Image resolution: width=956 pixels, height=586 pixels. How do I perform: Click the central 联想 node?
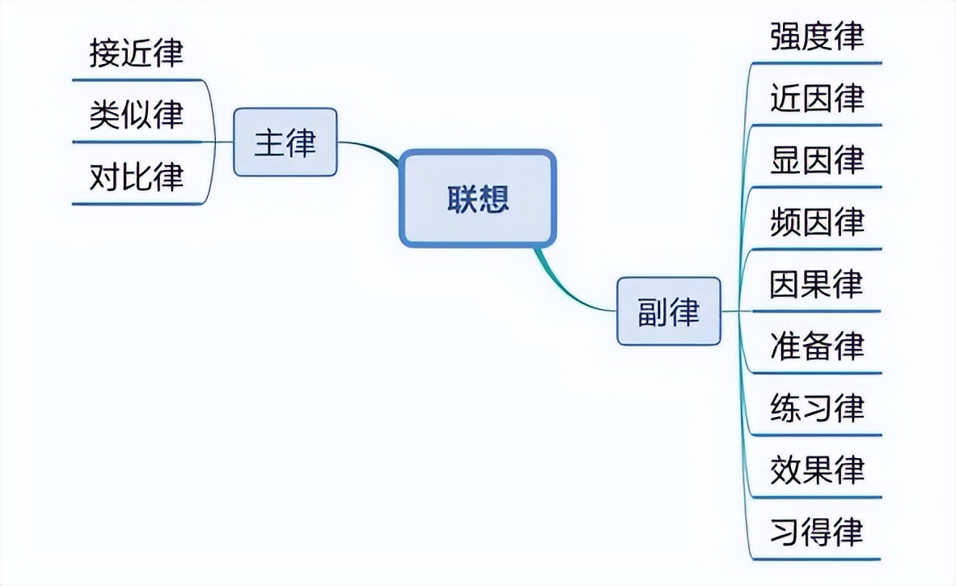click(x=477, y=198)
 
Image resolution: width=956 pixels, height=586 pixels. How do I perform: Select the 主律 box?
click(x=285, y=142)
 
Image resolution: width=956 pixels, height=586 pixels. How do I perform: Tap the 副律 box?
click(x=668, y=312)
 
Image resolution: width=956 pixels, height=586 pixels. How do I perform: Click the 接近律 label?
click(x=137, y=53)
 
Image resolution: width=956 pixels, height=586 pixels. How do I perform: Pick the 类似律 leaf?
click(x=137, y=116)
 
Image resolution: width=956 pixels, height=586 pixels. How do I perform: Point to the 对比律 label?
click(x=137, y=177)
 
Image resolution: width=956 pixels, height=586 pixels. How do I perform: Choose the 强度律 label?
click(x=817, y=36)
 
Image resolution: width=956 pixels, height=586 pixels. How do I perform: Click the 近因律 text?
click(x=817, y=99)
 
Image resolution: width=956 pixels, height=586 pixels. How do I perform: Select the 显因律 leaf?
click(x=817, y=160)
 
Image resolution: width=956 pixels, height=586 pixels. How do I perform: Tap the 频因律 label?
click(x=817, y=222)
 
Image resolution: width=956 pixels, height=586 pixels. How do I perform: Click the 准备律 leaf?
click(x=817, y=346)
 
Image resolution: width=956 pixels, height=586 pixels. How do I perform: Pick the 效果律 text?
click(x=817, y=469)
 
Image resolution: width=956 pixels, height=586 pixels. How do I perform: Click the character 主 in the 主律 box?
click(x=269, y=142)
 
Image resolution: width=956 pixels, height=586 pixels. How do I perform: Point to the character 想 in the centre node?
click(x=493, y=198)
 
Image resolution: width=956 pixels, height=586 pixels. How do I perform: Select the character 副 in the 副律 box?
click(x=652, y=312)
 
